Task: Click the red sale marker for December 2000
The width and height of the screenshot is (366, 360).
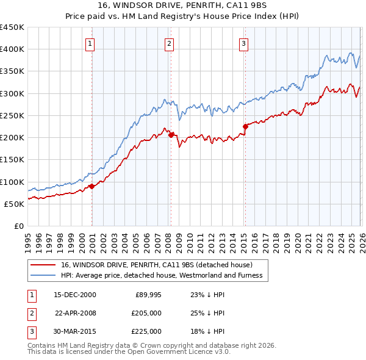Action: tap(91, 186)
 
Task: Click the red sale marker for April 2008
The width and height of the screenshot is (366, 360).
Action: tap(171, 135)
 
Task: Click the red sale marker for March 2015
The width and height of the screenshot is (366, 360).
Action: tap(245, 126)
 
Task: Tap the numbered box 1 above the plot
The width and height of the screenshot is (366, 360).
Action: tap(90, 43)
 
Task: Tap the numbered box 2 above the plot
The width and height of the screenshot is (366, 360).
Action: tap(169, 43)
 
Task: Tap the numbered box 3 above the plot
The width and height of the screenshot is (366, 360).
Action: tap(243, 43)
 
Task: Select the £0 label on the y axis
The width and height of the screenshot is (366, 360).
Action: tap(18, 226)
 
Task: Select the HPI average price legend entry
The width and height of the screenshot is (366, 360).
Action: tap(162, 275)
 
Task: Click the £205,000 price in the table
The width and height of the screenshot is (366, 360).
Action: tap(146, 313)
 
